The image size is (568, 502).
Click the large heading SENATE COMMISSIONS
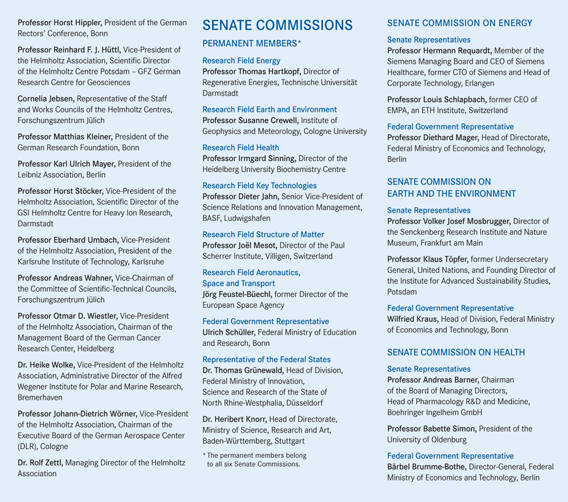click(x=277, y=25)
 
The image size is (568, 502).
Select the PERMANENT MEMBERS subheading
click(x=251, y=44)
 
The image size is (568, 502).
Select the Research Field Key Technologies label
click(x=259, y=186)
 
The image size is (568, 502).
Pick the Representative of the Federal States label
click(x=266, y=359)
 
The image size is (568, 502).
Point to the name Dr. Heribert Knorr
click(x=234, y=419)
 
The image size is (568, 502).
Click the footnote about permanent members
click(x=254, y=460)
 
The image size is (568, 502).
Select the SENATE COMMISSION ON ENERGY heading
click(x=459, y=23)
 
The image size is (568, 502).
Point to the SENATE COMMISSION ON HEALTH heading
click(x=456, y=352)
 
